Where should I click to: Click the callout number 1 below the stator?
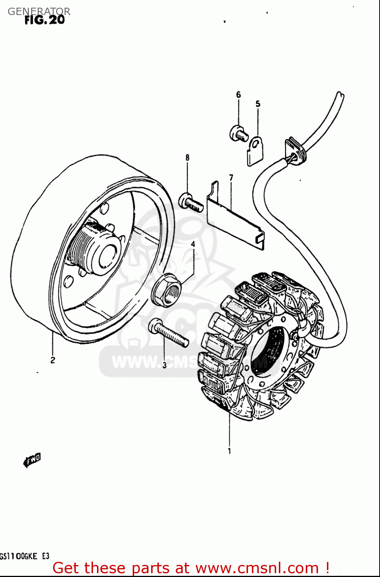click(229, 451)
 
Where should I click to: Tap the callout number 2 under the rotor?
click(53, 360)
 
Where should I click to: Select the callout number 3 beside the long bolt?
click(164, 365)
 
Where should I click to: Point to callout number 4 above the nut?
click(193, 244)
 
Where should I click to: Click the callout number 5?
click(258, 104)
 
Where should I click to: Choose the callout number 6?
click(238, 95)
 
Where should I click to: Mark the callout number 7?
click(231, 177)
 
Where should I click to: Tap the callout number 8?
click(187, 157)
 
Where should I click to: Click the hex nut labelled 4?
click(167, 290)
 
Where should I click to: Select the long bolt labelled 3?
click(168, 333)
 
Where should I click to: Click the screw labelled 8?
click(190, 202)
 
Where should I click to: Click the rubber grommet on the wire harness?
click(296, 152)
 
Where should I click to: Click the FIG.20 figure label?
click(45, 20)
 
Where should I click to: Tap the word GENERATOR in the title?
click(39, 11)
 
